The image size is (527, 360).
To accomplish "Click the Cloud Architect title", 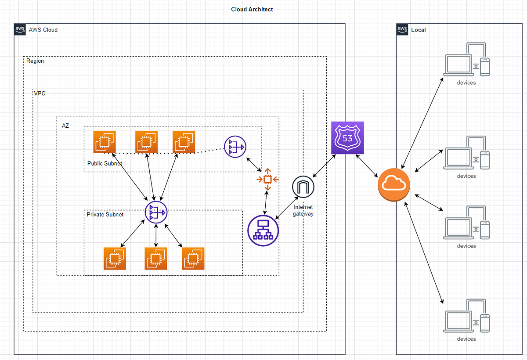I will click(x=252, y=9).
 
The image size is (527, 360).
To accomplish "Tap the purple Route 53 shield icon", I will click(x=347, y=138).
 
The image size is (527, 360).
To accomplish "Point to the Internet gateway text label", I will click(x=303, y=210).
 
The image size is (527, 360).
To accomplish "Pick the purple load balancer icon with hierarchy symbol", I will click(x=263, y=230).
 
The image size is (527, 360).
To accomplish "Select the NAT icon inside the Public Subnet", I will click(x=235, y=147).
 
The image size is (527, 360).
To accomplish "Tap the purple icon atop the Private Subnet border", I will click(x=156, y=213).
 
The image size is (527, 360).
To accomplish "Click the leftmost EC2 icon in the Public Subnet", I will click(x=105, y=142).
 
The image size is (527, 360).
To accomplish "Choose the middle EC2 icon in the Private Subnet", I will click(x=156, y=259).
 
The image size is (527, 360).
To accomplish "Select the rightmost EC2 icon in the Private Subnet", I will click(x=193, y=259).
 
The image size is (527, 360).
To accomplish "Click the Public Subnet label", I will click(x=105, y=163).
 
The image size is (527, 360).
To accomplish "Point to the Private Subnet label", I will click(x=105, y=215).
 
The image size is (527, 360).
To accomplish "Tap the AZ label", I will click(x=65, y=126).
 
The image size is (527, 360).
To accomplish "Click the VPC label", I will click(x=40, y=94).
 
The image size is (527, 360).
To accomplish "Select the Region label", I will click(x=35, y=61).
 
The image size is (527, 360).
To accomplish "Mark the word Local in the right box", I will click(x=419, y=30).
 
